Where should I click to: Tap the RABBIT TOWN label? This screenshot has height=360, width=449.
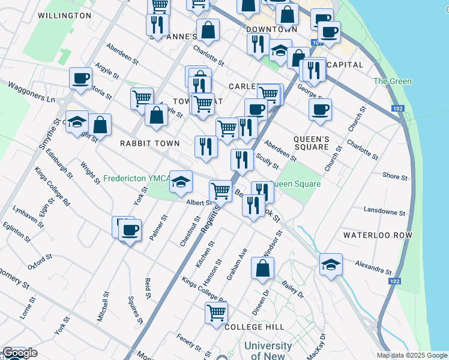(x=149, y=143)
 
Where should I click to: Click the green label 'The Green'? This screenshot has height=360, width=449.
(x=393, y=82)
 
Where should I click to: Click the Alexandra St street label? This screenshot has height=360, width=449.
(x=373, y=266)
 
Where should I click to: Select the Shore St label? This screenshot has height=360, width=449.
(x=395, y=177)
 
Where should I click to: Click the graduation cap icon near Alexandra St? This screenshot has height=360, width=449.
(x=331, y=264)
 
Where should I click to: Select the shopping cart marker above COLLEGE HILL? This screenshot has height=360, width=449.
(x=216, y=312)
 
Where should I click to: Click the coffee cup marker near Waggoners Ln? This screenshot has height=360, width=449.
(x=80, y=77)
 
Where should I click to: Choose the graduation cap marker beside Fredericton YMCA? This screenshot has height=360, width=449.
(x=181, y=182)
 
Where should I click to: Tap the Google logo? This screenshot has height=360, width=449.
(x=20, y=353)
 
